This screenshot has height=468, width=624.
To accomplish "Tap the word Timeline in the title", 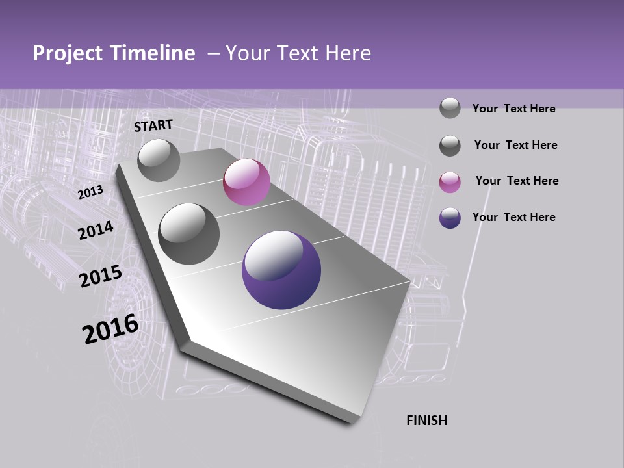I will coord(153,54).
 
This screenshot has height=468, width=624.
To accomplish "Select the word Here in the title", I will coord(348,54).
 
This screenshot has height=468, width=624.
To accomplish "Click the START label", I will coord(153,125).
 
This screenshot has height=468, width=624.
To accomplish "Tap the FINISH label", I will coord(426,421).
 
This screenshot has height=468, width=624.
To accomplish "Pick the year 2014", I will coord(96,230).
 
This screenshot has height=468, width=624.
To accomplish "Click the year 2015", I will coord(100,276).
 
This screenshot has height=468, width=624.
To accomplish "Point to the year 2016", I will coord(110,329).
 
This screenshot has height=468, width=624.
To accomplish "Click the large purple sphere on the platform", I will coord(281,270).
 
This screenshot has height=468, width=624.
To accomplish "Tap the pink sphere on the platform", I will coord(246,182).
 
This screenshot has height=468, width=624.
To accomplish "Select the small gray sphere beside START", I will coord(159,161).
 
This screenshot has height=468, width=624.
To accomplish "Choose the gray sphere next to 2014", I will coord(188,233).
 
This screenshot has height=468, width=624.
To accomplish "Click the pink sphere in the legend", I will coord(450,182).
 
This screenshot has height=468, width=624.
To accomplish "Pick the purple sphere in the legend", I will coord(450,218).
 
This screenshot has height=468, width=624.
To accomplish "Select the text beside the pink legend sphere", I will coord(517,181).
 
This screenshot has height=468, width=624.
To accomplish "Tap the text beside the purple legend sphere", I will coord(513,217).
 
